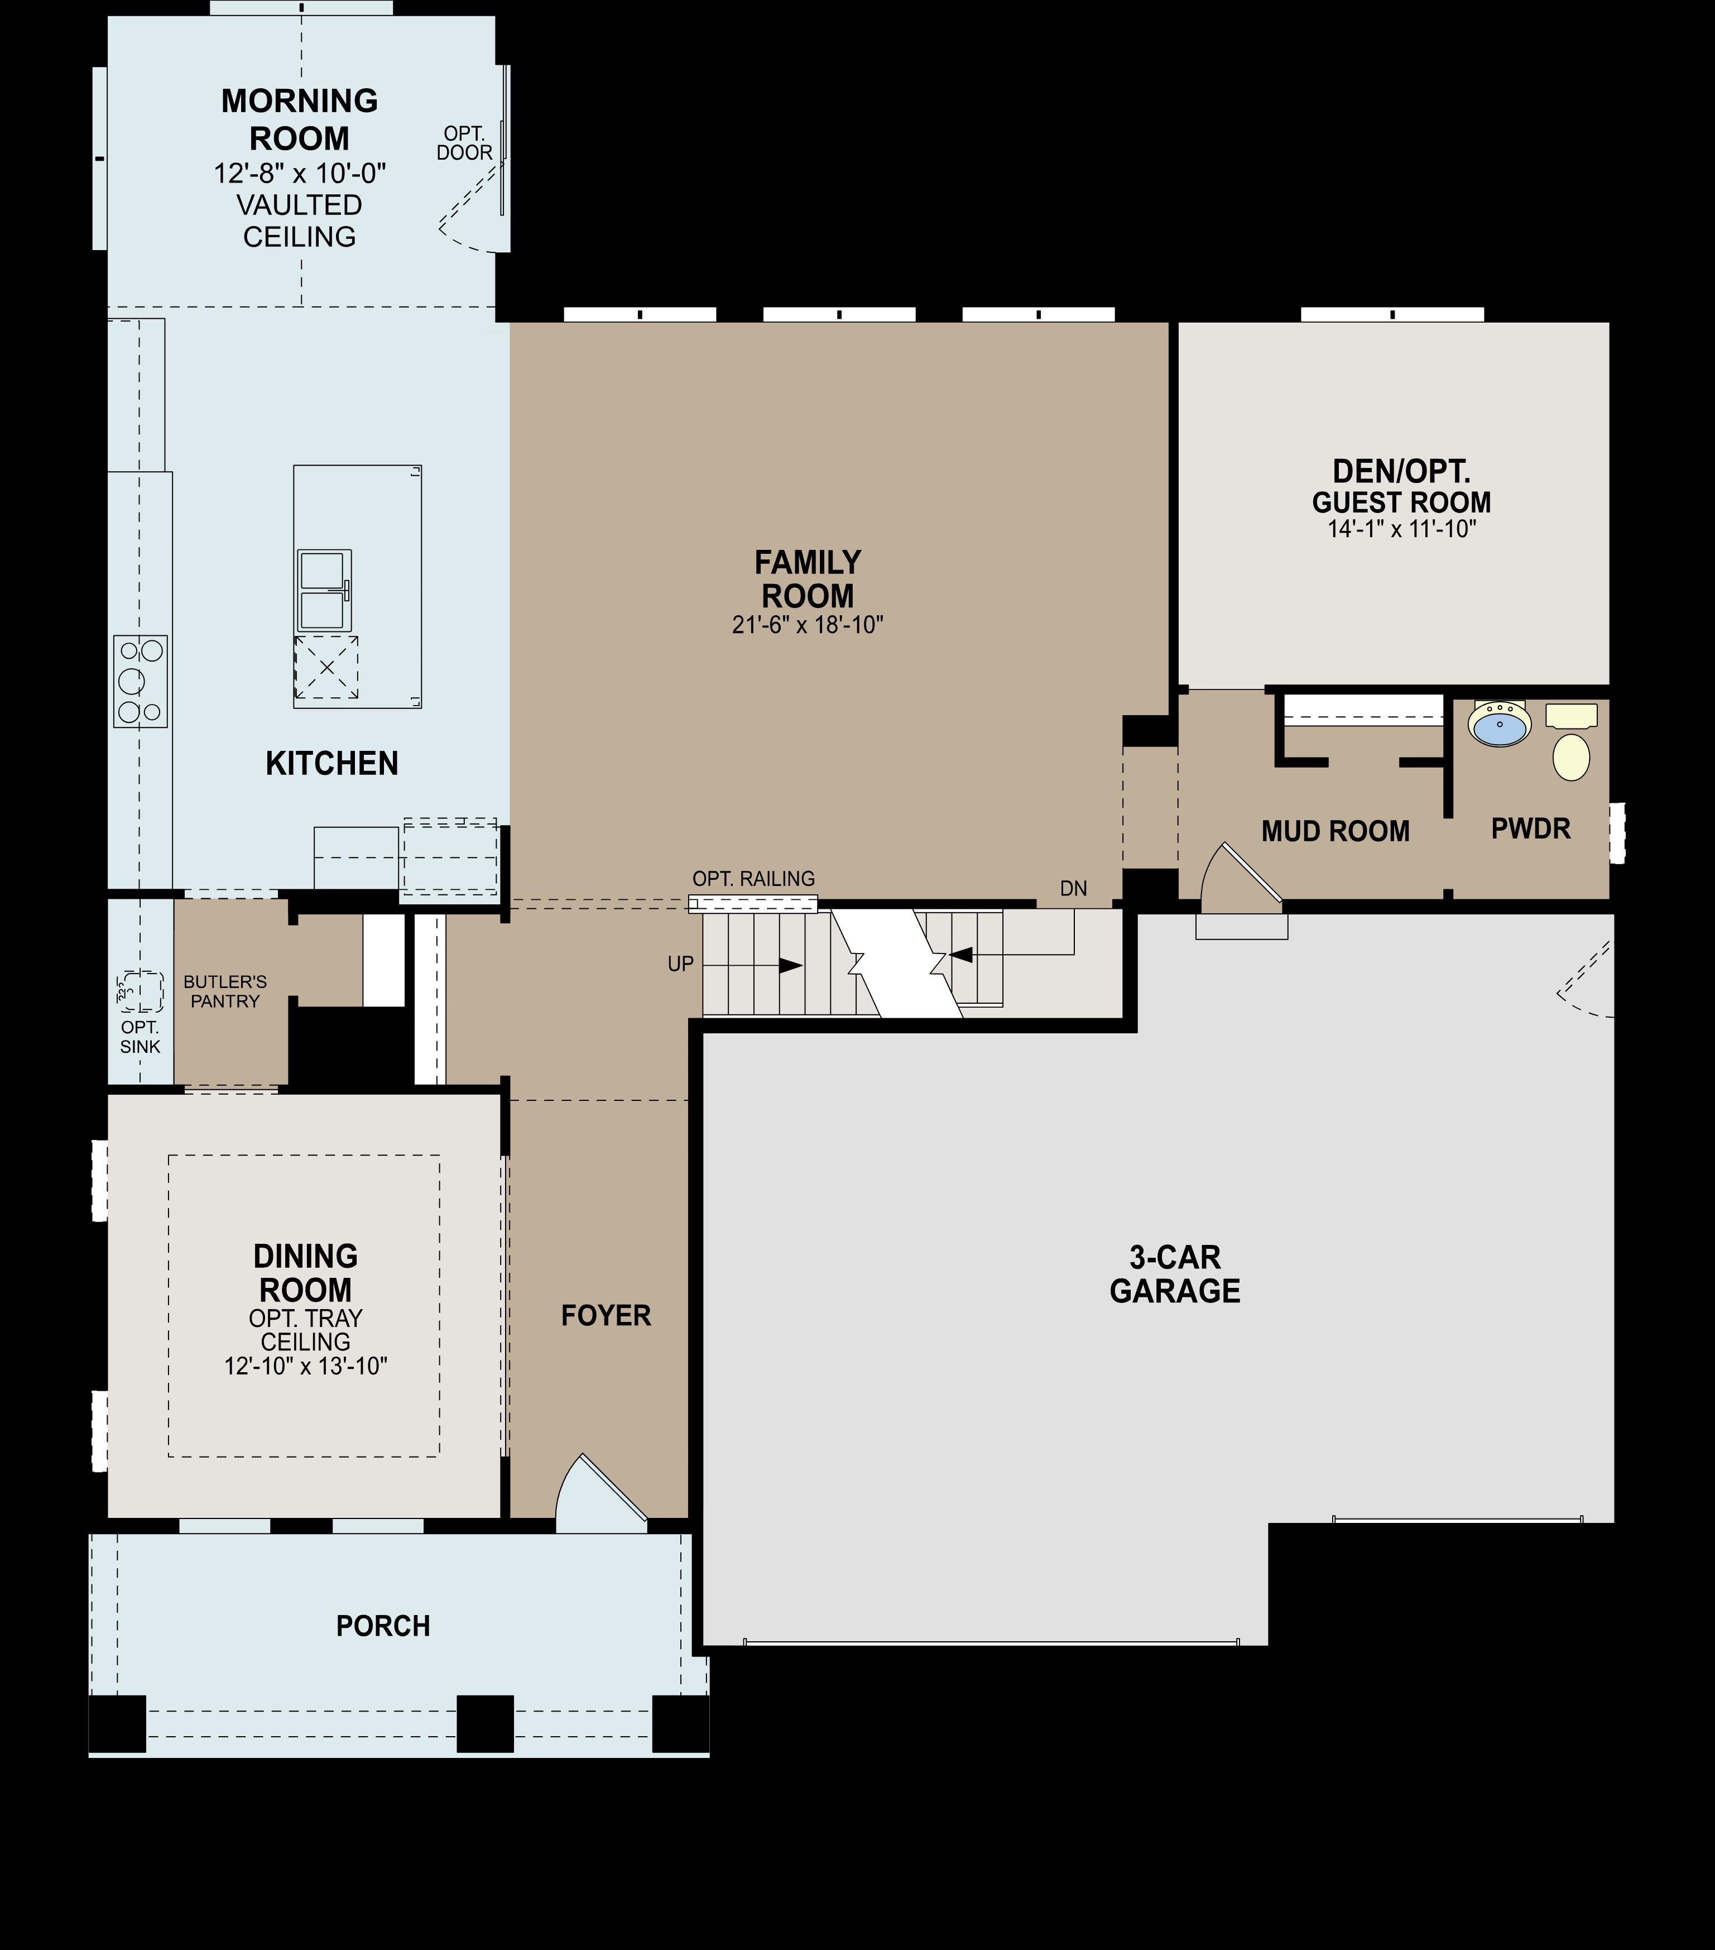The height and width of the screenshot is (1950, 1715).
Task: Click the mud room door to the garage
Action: pyautogui.click(x=1240, y=878)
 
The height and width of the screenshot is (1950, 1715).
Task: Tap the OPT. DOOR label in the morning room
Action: pyautogui.click(x=464, y=143)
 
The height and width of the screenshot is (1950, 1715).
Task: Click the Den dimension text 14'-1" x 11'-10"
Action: pyautogui.click(x=1401, y=529)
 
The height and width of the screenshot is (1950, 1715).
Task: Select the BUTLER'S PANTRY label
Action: pyautogui.click(x=225, y=991)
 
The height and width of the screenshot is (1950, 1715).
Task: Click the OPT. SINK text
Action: pyautogui.click(x=140, y=1037)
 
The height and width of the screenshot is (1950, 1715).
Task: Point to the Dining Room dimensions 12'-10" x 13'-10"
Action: pyautogui.click(x=305, y=1366)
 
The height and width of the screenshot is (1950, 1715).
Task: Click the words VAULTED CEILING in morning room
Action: pyautogui.click(x=300, y=221)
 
